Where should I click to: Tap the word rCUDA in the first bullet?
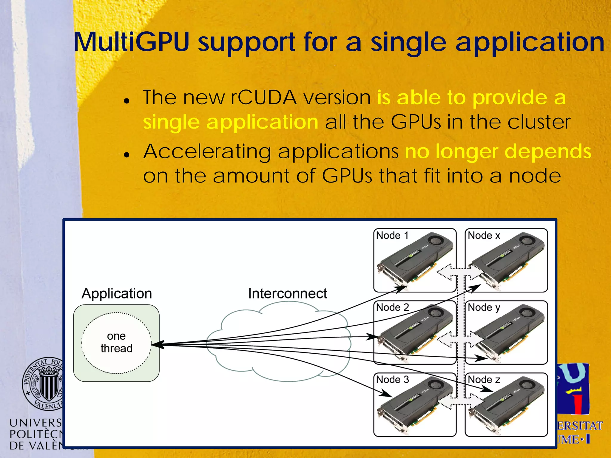point(263,98)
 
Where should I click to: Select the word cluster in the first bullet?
point(539,122)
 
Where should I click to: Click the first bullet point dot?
point(127,101)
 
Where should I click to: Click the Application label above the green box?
point(117,294)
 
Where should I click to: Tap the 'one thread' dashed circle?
point(116,343)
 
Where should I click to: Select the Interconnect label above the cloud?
point(287,294)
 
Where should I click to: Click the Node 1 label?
point(392,236)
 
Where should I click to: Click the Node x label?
point(484,236)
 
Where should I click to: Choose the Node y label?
point(484,307)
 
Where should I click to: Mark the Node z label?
point(484,380)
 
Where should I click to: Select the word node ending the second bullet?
point(535,176)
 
